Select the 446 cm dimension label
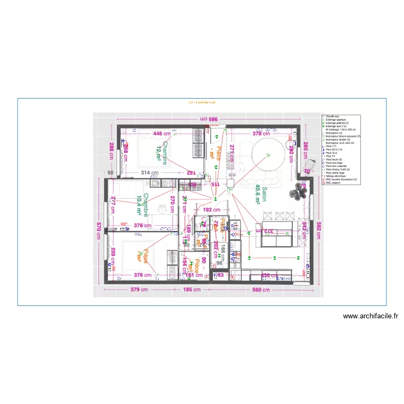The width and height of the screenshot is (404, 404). coord(161,133)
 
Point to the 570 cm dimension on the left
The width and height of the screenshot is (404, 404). coord(99,231)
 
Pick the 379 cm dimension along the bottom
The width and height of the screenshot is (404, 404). coord(138,290)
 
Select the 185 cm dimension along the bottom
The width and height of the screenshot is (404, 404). coord(191,290)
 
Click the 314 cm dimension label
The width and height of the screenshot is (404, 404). coord(149,173)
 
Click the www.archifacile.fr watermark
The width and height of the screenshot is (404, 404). coord(371,317)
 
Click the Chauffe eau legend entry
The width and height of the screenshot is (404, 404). coord(332,116)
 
